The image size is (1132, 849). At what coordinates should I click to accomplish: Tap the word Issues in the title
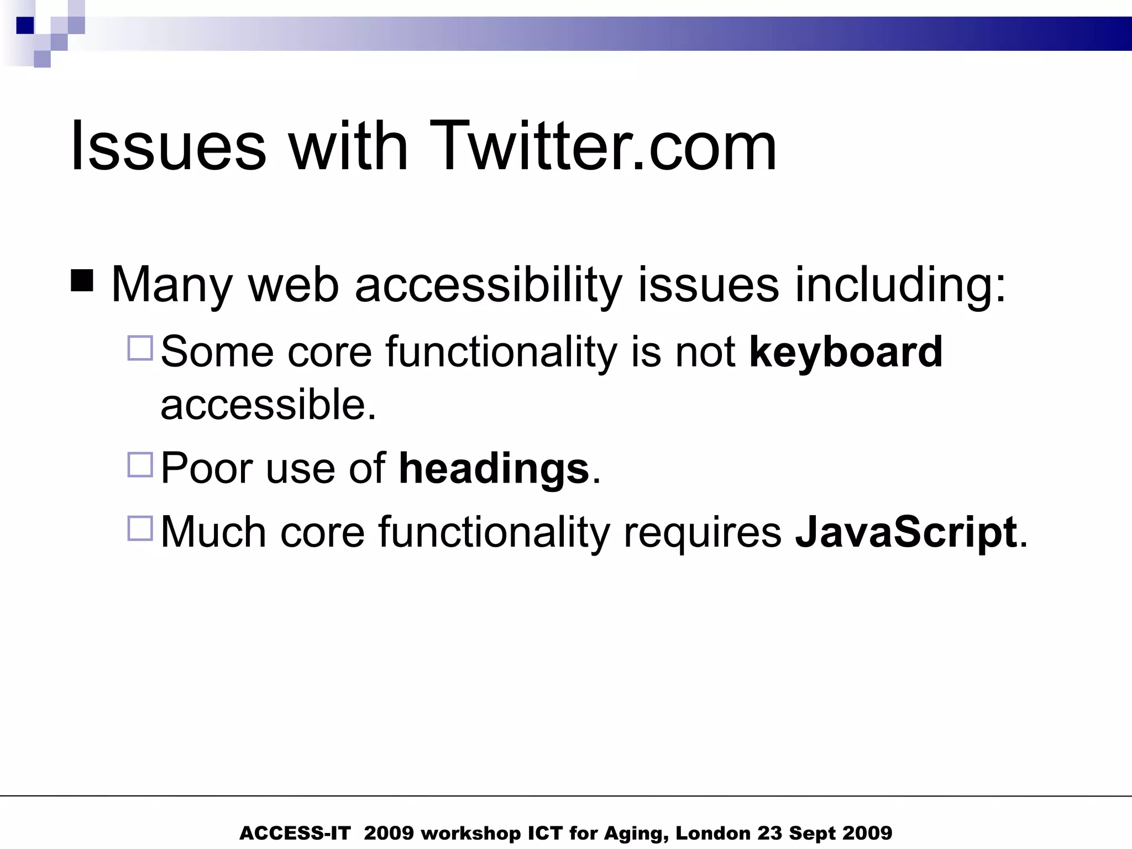click(x=168, y=146)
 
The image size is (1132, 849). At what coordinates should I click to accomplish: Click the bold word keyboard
click(x=846, y=352)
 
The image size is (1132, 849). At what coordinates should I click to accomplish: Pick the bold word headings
click(x=494, y=468)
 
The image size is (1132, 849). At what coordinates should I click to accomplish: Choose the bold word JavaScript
click(x=906, y=532)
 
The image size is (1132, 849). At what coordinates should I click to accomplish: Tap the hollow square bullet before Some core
click(x=140, y=348)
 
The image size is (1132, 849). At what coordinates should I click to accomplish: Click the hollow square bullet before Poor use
click(x=140, y=465)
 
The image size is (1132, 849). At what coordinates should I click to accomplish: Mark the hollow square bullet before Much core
click(x=140, y=528)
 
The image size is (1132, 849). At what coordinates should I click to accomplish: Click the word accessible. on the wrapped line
click(x=268, y=404)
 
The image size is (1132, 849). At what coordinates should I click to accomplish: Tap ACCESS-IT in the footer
click(x=295, y=833)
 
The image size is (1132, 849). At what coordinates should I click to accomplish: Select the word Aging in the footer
click(x=636, y=834)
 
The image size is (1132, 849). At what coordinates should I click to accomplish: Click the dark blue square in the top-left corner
click(x=25, y=25)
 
